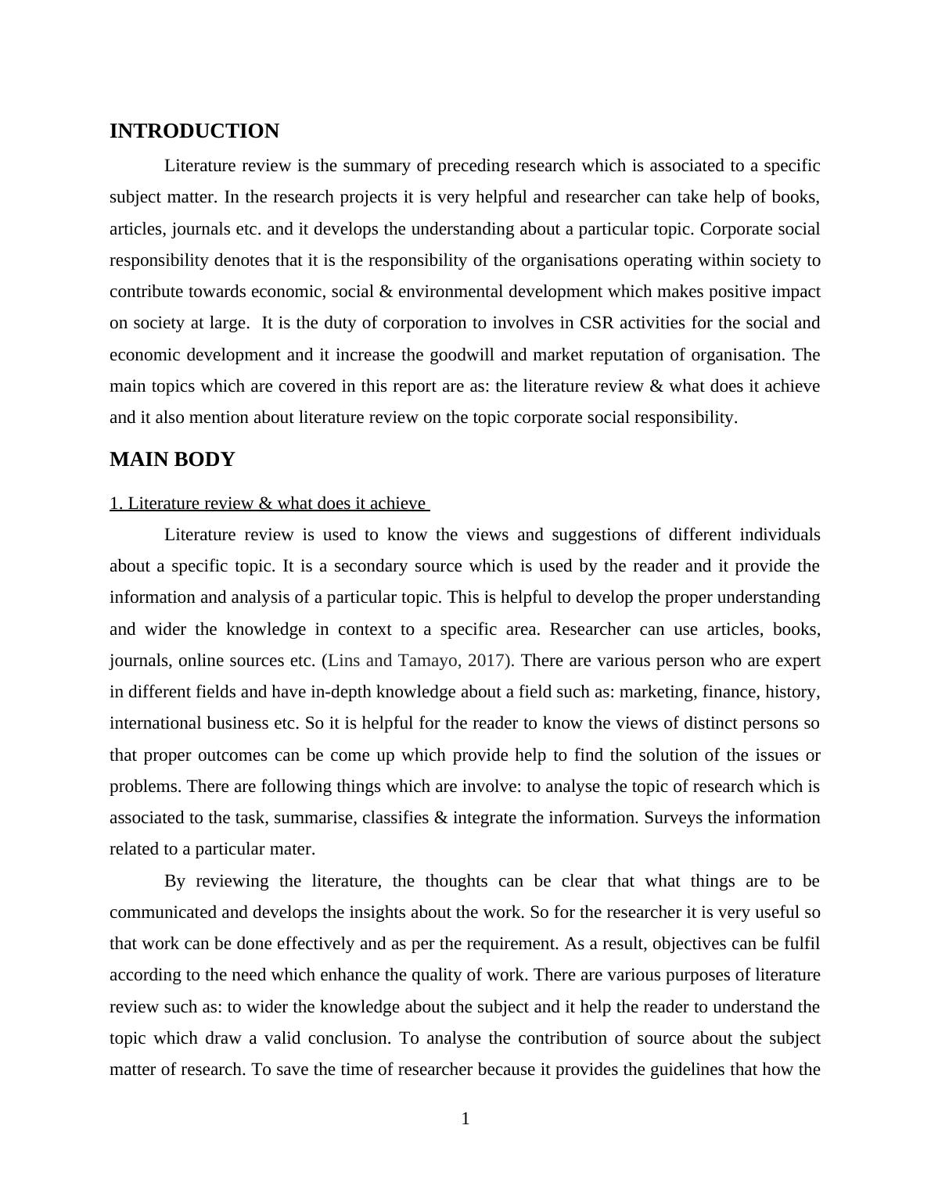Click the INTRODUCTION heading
(x=194, y=131)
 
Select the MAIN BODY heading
(x=172, y=460)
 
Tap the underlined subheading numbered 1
(x=269, y=503)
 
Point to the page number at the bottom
(x=465, y=1120)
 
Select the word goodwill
(x=462, y=355)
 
